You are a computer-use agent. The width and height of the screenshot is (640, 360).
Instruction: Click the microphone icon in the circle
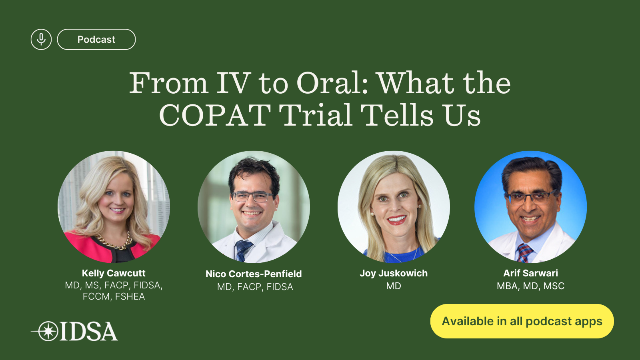pos(41,40)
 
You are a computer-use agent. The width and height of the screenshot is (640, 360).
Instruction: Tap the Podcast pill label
pos(96,40)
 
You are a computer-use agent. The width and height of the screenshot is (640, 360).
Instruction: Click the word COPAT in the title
pos(215,115)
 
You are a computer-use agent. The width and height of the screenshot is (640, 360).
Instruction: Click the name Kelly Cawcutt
pos(114,273)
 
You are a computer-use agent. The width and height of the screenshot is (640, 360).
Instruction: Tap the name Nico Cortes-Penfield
pos(254,274)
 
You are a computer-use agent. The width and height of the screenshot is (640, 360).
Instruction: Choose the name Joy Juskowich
pos(394,273)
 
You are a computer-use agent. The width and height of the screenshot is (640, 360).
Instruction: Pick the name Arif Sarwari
pos(530,273)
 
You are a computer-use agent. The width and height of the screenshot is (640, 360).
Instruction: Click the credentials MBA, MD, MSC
pos(530,286)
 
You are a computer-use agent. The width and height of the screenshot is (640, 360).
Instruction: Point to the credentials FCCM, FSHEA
pos(114,296)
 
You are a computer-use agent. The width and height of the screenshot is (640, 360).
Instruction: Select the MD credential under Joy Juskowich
pos(394,286)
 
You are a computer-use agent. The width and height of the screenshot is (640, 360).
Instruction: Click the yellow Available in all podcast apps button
pos(522,321)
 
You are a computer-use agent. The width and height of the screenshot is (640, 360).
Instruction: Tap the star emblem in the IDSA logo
pos(48,332)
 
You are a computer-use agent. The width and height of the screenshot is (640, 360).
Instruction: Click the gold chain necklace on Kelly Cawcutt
pos(114,242)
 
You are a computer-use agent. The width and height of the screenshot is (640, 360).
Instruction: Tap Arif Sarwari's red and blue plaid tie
pos(524,253)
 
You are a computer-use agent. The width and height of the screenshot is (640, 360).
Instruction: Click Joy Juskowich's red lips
pos(396,220)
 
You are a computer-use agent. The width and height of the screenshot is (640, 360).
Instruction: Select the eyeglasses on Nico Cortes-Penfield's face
pos(252,197)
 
